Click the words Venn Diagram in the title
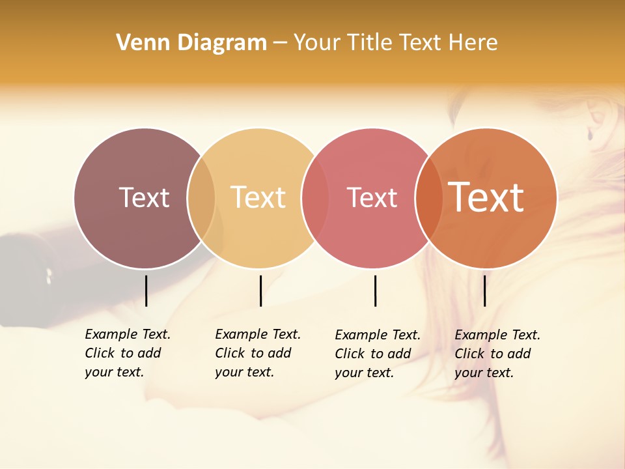191,43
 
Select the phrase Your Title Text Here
395,43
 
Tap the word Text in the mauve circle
144,197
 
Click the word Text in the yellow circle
258,197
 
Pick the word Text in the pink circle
372,197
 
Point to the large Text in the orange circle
486,197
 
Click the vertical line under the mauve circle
146,291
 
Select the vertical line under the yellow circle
260,291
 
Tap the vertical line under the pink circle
375,291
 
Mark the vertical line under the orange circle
484,291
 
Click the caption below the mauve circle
128,353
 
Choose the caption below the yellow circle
258,353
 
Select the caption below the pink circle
378,354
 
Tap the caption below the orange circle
497,354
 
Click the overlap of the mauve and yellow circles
201,197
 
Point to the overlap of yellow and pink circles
315,197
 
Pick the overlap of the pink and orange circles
428,197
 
